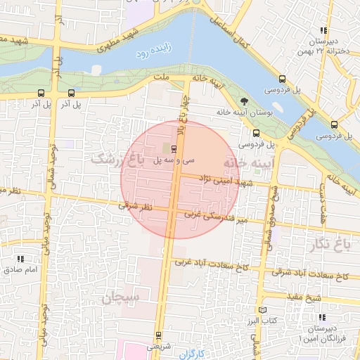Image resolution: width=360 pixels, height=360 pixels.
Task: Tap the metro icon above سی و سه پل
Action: click(173, 148)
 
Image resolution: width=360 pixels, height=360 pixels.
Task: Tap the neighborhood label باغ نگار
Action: click(327, 244)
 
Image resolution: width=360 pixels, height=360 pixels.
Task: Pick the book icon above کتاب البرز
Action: click(262, 310)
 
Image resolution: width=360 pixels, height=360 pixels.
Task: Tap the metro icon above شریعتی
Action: click(157, 334)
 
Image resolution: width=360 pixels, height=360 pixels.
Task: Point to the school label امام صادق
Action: click(15, 269)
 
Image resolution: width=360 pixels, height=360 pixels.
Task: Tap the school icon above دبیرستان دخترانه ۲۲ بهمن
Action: click(323, 30)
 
